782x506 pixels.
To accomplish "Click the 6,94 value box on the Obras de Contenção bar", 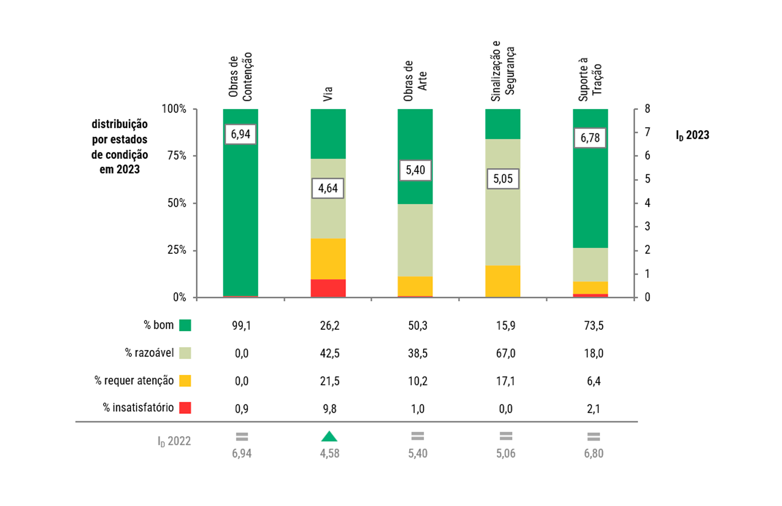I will point(240,134).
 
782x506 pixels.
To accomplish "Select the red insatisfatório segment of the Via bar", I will point(328,288).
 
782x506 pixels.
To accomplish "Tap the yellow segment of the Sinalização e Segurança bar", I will point(503,281).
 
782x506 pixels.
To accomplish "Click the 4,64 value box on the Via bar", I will point(328,188).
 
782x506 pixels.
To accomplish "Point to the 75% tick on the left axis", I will point(177,155).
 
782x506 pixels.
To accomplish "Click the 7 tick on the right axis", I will point(647,132).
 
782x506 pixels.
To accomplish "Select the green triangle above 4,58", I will point(329,437).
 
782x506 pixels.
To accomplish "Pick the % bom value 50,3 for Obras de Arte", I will point(418,325).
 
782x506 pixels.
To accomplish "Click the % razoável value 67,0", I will point(506,353).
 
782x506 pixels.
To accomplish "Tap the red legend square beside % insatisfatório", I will point(185,408).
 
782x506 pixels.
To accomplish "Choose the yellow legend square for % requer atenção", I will point(185,380).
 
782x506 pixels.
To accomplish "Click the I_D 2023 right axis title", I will point(693,135).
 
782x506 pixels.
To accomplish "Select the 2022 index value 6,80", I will point(593,453).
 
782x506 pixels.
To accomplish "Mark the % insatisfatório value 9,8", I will point(330,409).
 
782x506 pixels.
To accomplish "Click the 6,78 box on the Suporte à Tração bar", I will point(590,138).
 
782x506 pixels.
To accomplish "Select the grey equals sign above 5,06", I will point(506,436).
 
